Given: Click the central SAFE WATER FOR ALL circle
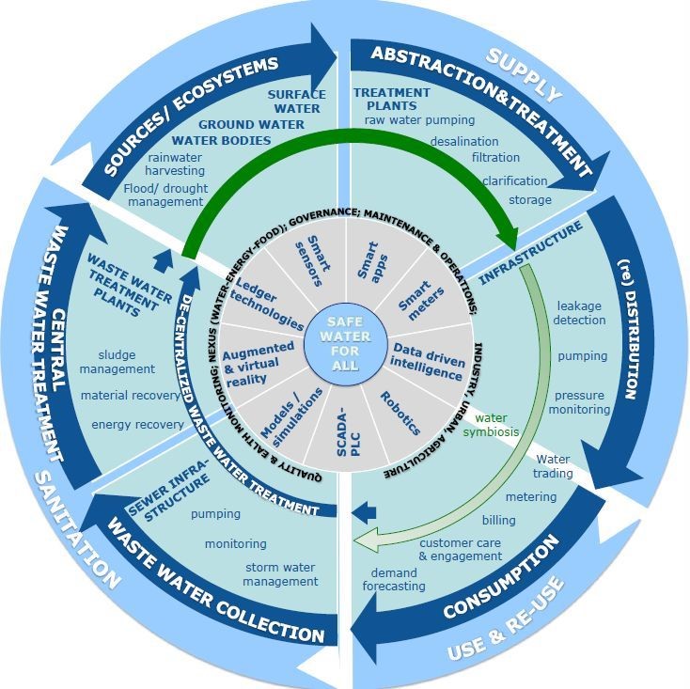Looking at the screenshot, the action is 345,344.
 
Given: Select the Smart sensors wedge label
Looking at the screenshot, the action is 313,261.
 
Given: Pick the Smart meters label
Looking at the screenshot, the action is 421,299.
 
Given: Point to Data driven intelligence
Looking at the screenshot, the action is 428,362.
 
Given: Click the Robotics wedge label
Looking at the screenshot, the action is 400,414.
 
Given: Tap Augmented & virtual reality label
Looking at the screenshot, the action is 258,365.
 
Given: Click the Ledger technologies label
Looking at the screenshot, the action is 267,304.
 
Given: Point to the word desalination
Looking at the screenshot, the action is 464,142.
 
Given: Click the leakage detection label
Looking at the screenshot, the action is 579,313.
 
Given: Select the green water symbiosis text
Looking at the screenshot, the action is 491,425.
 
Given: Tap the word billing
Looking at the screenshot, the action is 498,521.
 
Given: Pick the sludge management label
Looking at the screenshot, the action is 118,362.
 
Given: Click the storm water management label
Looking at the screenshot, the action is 280,574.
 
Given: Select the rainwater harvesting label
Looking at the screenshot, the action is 175,164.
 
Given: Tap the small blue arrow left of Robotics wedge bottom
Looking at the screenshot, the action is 364,512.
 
